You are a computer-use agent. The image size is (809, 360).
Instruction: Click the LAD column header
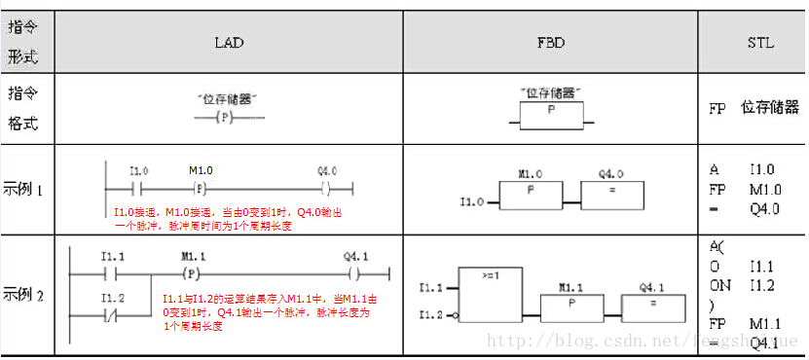[x=229, y=43]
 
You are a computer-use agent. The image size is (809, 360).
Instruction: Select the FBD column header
[x=550, y=43]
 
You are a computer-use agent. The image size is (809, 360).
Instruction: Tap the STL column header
[x=760, y=43]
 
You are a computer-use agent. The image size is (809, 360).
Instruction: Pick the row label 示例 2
[x=23, y=293]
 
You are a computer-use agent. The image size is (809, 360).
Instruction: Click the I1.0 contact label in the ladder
[x=138, y=171]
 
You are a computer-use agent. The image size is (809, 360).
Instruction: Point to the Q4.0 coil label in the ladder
[x=327, y=171]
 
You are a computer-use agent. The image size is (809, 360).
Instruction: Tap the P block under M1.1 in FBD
[x=570, y=303]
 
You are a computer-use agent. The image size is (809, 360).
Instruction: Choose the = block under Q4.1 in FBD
[x=653, y=303]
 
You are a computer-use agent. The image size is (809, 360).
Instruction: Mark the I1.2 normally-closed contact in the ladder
[x=114, y=315]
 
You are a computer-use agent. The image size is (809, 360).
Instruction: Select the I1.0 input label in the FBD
[x=471, y=202]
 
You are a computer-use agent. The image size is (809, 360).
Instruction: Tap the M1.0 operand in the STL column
[x=766, y=189]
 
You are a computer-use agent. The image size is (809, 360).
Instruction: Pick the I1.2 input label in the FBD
[x=431, y=315]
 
